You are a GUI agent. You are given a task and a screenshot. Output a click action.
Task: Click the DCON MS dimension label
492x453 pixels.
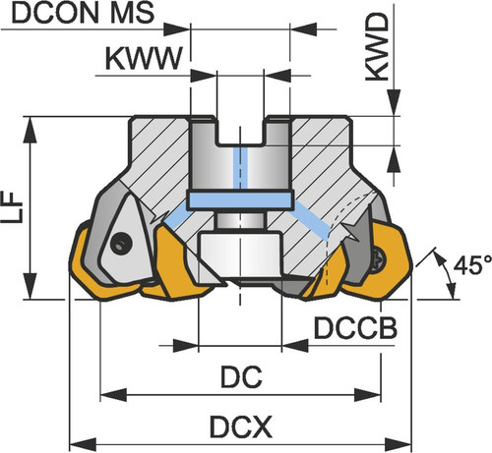[83, 14]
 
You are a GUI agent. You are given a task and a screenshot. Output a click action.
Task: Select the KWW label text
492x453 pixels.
[144, 59]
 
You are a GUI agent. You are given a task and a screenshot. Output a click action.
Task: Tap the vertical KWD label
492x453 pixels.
[377, 47]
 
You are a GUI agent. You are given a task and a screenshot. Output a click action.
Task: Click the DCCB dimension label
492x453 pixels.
[355, 328]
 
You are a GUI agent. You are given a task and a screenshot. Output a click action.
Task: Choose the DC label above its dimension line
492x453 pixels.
[241, 377]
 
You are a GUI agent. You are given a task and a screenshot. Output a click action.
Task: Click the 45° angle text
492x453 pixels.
[472, 264]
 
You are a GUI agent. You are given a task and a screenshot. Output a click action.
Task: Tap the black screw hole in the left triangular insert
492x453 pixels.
[121, 243]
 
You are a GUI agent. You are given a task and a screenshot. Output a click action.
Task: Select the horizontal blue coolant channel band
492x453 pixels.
[240, 200]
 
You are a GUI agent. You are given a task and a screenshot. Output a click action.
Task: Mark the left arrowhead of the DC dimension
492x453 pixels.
[113, 395]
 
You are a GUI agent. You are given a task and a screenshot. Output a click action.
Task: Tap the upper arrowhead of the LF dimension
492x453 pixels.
[31, 130]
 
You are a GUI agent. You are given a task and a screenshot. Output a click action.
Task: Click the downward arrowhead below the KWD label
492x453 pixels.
[394, 103]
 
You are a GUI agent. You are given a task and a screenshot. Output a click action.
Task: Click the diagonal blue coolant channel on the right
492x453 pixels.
[312, 220]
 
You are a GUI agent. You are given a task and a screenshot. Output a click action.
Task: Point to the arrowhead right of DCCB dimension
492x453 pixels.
[295, 346]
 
